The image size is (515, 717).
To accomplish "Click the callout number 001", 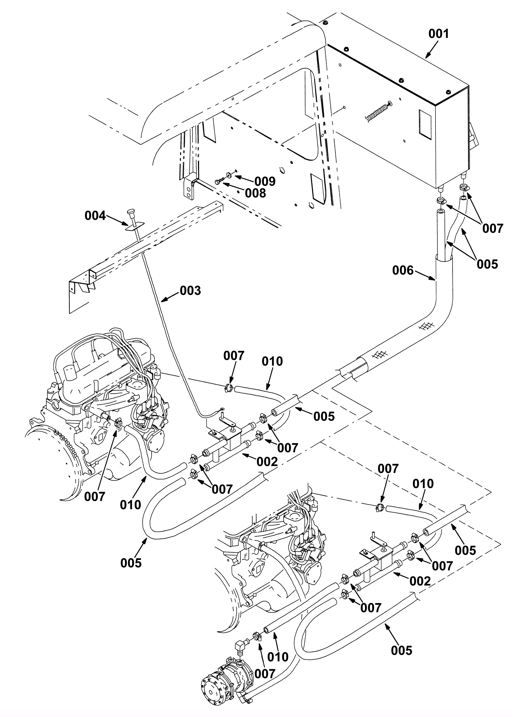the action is [438, 34].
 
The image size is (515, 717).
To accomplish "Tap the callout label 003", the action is [190, 291].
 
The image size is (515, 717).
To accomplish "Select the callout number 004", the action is [95, 216].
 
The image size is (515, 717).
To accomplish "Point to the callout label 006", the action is [403, 270].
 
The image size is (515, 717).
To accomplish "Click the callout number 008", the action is [255, 193].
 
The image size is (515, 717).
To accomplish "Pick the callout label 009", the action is [265, 181].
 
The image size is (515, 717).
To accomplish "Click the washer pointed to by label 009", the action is [229, 175].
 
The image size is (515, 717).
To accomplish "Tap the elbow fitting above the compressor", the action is [241, 642].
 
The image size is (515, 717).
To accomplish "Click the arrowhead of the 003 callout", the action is [163, 301].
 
